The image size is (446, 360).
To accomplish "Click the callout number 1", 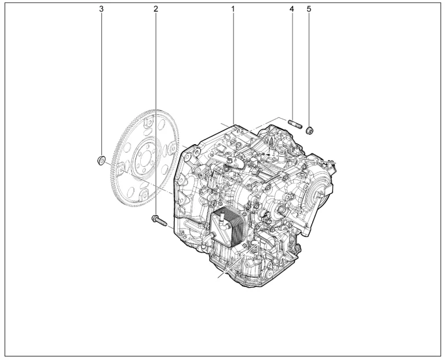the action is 233,9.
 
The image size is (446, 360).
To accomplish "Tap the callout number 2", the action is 156,9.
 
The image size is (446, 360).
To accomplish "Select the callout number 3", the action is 101,9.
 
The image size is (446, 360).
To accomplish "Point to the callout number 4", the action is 291,9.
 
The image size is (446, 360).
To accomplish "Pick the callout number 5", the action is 309,9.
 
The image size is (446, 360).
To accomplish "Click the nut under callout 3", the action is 100,160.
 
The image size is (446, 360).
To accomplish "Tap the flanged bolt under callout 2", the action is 159,221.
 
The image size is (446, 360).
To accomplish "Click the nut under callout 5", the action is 309,131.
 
